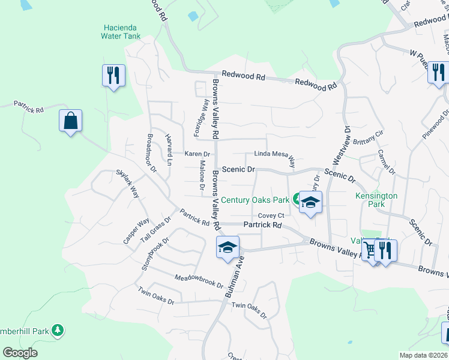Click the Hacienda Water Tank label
tap(121, 32)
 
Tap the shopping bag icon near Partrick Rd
tap(70, 121)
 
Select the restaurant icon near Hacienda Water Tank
tap(113, 76)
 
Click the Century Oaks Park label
tap(256, 200)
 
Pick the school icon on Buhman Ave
tap(228, 248)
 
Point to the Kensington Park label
tap(376, 200)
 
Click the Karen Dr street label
tap(197, 154)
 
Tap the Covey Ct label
tap(270, 216)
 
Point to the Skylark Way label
tap(127, 184)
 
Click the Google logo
tap(20, 353)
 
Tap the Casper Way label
tap(136, 231)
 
